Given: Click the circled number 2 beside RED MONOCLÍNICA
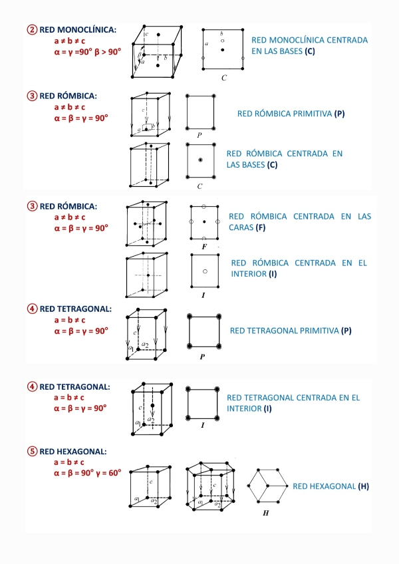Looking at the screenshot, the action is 32,30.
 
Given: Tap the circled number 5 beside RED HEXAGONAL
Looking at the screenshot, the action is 32,452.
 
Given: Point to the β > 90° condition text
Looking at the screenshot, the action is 108,51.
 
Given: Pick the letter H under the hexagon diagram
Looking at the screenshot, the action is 266,513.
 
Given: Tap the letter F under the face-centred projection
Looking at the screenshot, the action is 204,247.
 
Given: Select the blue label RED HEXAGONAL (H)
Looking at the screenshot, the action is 331,487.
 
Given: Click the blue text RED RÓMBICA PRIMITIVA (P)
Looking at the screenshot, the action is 291,114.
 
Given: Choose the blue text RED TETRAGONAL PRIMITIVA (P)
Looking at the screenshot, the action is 290,331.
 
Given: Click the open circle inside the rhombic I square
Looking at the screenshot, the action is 205,271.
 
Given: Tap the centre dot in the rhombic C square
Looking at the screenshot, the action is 200,160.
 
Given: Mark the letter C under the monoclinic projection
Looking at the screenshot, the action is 225,78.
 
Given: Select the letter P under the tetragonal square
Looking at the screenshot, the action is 201,357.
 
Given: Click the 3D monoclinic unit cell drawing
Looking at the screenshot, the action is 160,51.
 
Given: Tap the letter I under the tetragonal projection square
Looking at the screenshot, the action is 201,424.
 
